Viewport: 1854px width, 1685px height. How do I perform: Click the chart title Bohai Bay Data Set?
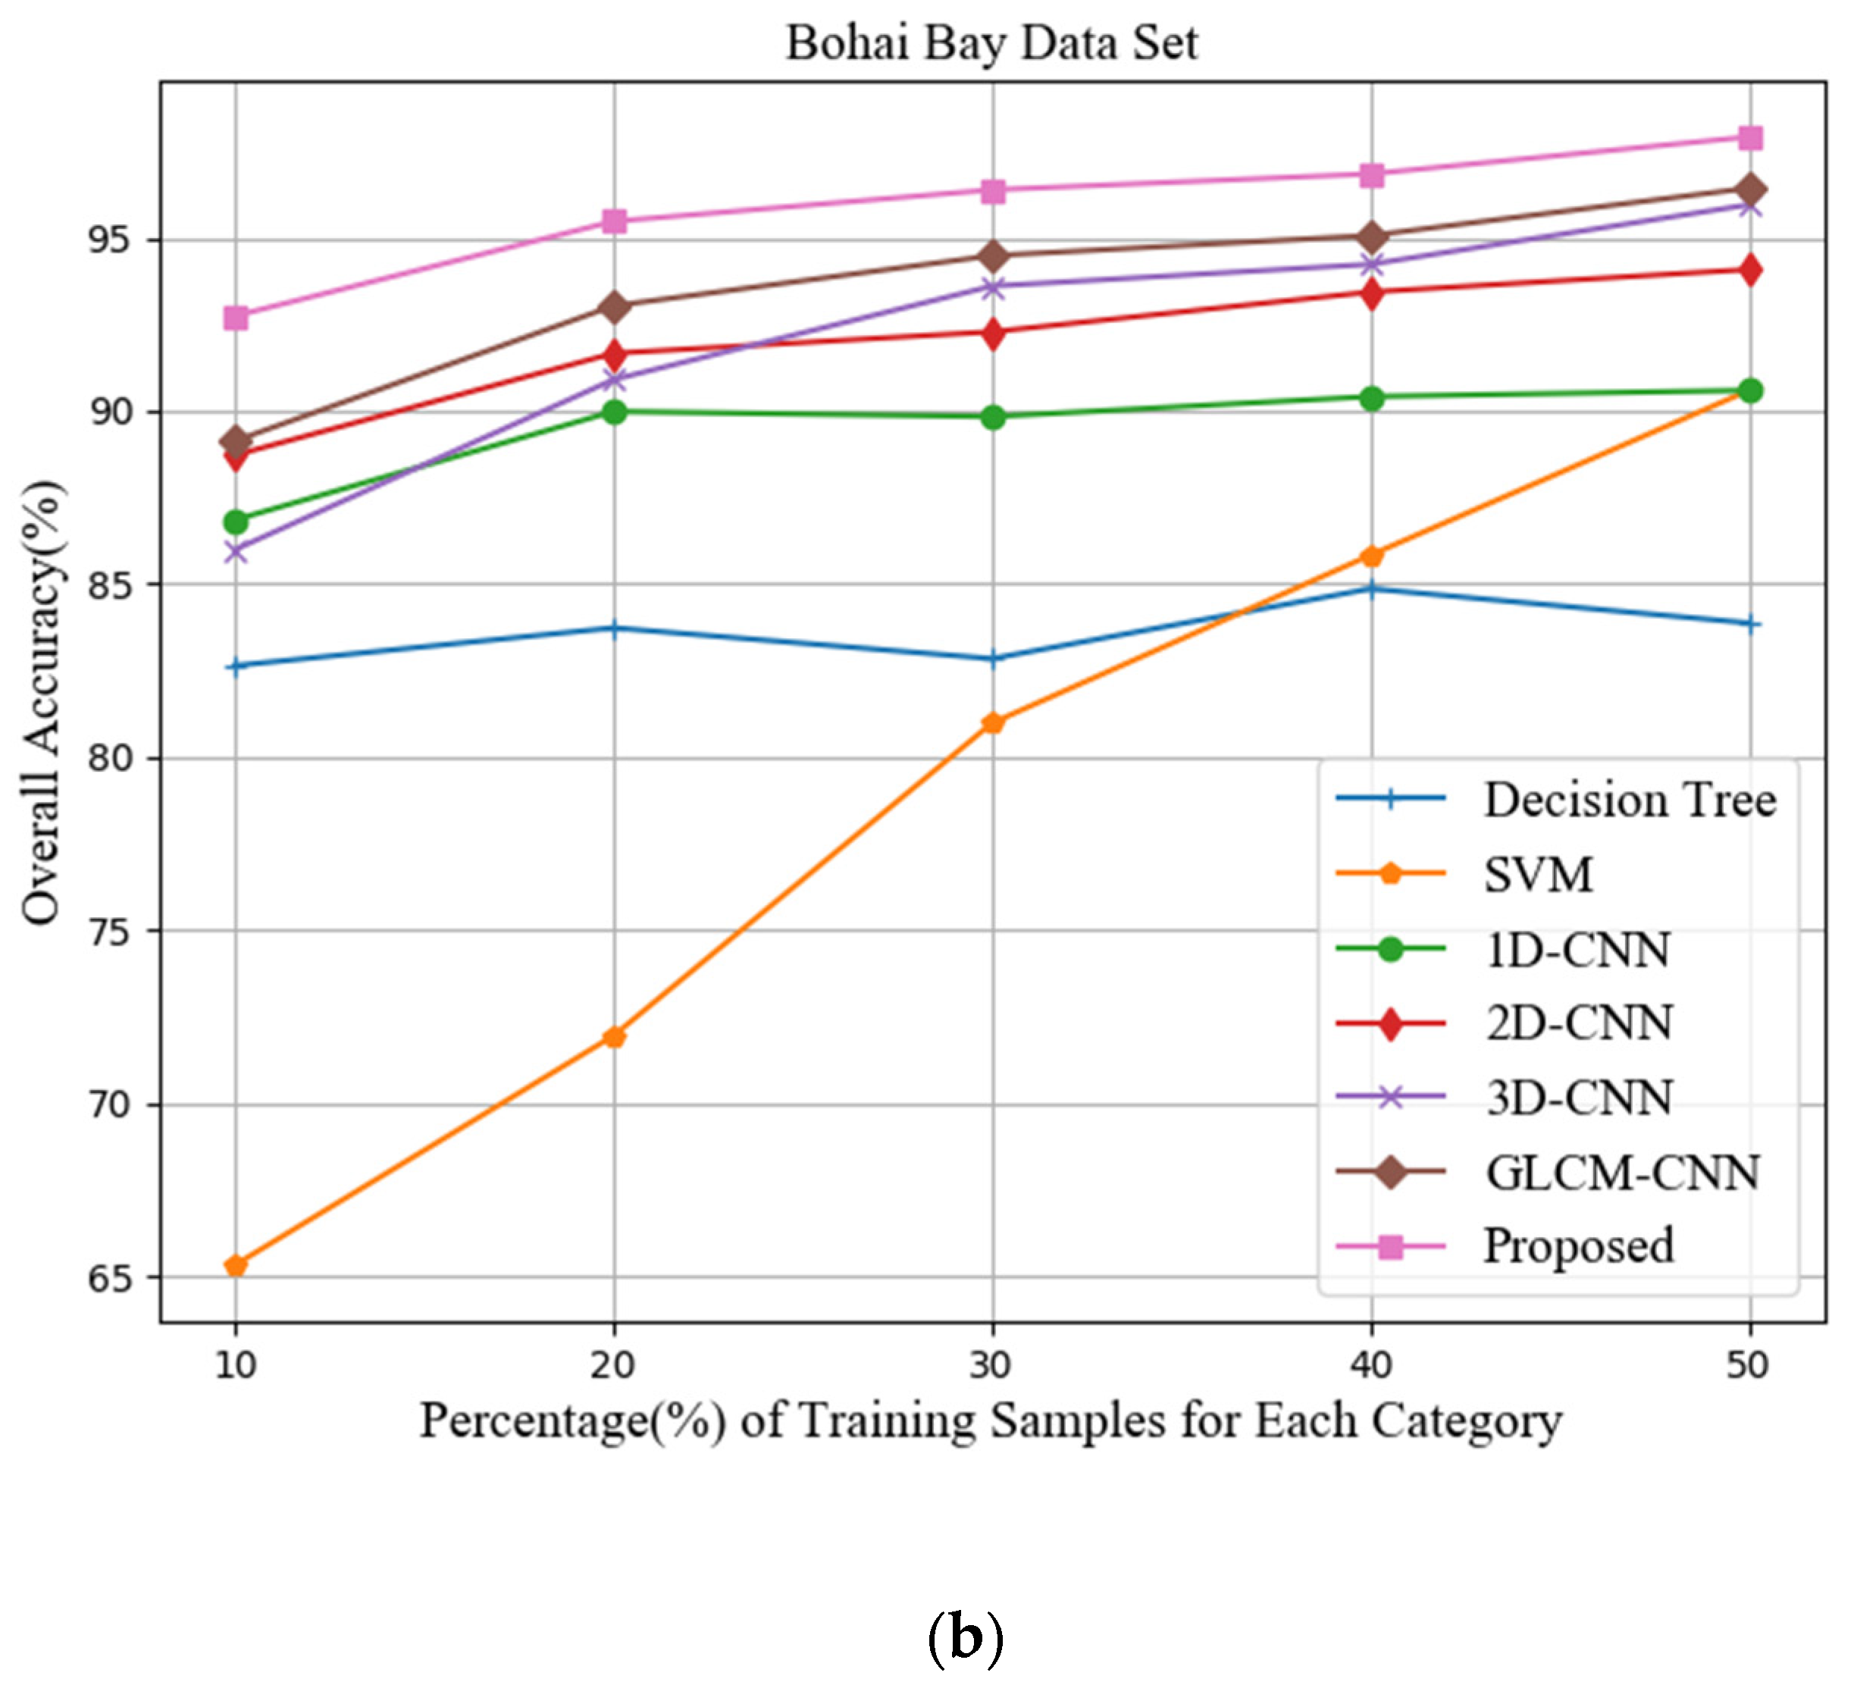pos(991,43)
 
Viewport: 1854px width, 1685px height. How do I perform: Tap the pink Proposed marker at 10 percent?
pos(236,318)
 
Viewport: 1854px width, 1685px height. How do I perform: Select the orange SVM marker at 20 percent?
pos(614,1038)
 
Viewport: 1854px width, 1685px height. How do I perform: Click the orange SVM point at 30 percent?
pos(992,723)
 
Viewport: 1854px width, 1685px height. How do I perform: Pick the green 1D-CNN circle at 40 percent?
pos(1371,398)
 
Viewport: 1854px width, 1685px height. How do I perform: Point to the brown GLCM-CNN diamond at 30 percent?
pos(992,255)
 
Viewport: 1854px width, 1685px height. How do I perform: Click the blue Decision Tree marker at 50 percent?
pos(1750,625)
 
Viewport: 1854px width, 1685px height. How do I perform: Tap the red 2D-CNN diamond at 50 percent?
pos(1750,270)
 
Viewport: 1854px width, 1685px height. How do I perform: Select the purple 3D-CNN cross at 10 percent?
pos(236,552)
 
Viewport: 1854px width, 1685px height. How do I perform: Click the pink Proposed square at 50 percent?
pos(1750,138)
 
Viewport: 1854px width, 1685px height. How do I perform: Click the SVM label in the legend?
pos(1538,875)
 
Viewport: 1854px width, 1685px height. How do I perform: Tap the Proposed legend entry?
pos(1578,1247)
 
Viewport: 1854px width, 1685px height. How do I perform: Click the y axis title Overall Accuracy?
pos(42,703)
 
